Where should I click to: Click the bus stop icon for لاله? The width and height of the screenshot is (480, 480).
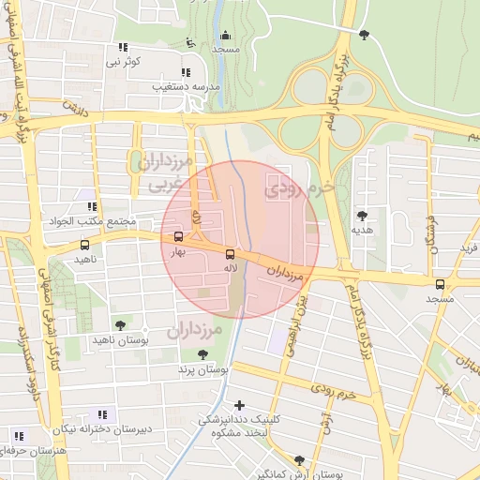point(230,253)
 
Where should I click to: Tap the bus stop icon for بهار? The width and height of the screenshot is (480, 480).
point(178,236)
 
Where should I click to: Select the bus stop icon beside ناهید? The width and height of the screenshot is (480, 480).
point(85,245)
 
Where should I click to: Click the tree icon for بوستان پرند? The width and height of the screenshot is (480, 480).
point(203,354)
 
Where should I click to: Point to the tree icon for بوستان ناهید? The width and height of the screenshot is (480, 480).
point(118,325)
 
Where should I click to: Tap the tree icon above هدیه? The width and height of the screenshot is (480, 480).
point(362,216)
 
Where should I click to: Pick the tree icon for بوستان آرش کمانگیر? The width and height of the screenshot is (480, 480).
point(298,460)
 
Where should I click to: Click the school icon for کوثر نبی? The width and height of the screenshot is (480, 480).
point(123,48)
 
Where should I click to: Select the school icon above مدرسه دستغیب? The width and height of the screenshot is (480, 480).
point(186,72)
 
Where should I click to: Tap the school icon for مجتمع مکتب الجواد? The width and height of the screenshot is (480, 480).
point(92,207)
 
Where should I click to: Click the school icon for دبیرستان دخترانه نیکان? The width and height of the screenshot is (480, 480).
point(102,414)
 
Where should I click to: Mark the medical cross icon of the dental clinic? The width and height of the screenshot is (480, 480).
point(241,406)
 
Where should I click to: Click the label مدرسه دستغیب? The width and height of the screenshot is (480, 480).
point(187,86)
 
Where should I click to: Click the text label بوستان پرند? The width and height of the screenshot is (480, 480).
point(204,369)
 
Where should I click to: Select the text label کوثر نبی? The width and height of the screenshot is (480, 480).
point(122,62)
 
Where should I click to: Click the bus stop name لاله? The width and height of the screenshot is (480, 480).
point(230,267)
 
